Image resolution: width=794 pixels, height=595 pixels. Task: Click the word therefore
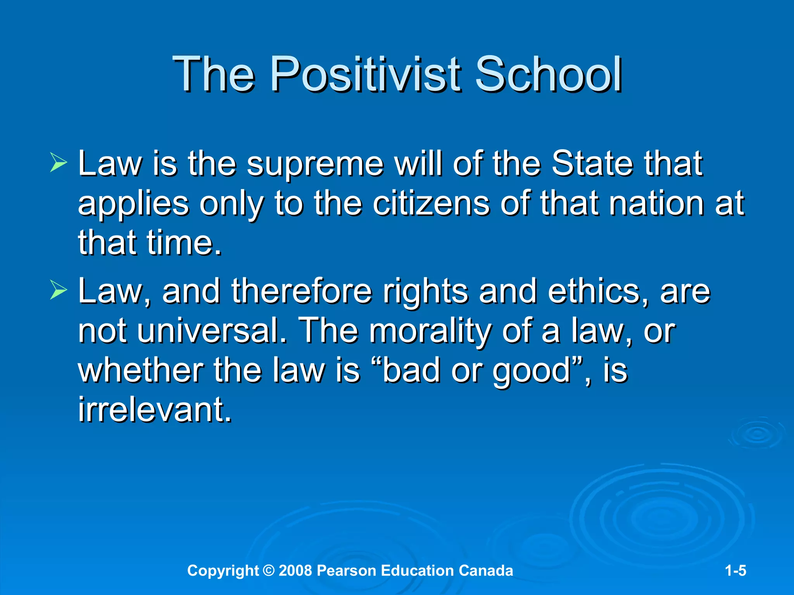[x=302, y=291]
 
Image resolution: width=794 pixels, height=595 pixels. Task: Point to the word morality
[x=430, y=332]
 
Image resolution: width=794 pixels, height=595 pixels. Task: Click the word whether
[x=140, y=371]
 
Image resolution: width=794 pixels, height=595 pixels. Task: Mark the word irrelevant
[x=155, y=409]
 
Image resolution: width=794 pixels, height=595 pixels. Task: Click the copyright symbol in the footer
[x=268, y=571]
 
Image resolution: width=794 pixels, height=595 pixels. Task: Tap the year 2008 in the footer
[x=295, y=571]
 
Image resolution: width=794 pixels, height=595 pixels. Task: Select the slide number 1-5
[x=735, y=571]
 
